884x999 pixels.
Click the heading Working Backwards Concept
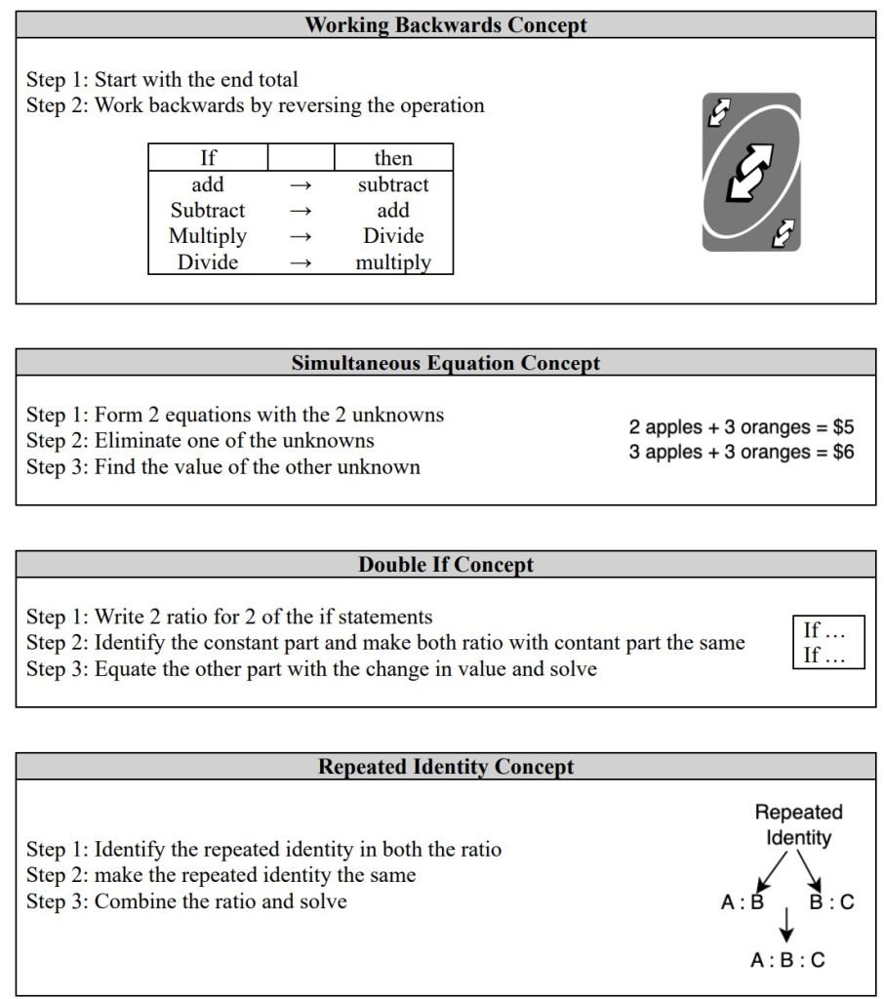pos(446,25)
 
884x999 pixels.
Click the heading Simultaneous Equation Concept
pos(446,363)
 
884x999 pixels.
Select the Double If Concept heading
pos(446,565)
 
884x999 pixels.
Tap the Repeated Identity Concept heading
pos(446,767)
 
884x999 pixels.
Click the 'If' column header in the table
pos(207,158)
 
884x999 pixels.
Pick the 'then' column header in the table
pos(393,158)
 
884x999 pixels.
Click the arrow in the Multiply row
pos(301,236)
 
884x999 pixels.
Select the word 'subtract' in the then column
pos(393,184)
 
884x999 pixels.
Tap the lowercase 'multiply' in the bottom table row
pos(393,262)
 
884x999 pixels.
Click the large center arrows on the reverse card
pos(750,173)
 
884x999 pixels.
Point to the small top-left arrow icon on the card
pos(719,112)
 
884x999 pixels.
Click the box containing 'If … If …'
pos(827,643)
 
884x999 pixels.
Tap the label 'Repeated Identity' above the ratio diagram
pos(798,824)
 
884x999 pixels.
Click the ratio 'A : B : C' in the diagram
pos(787,960)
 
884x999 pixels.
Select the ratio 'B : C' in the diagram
pos(831,902)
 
